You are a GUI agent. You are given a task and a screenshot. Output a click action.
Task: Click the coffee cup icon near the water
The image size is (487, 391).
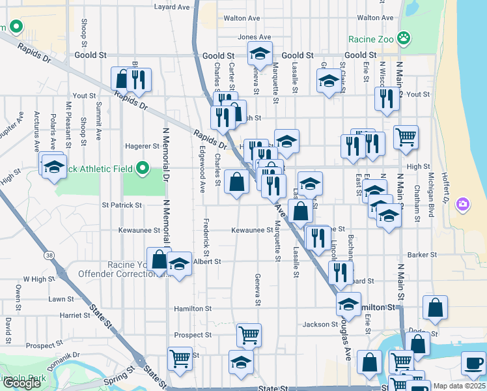(473, 362)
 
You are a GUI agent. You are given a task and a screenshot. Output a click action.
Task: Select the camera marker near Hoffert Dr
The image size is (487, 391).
(463, 204)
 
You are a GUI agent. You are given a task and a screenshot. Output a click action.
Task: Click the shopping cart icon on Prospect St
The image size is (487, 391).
(249, 335)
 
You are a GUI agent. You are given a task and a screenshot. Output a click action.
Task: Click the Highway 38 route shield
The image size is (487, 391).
(50, 256)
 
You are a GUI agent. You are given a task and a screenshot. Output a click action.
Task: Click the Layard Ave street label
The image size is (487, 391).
(171, 7)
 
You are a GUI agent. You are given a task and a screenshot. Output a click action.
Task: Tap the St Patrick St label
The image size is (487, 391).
(122, 205)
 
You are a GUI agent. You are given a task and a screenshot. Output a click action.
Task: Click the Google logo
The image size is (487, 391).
(22, 383)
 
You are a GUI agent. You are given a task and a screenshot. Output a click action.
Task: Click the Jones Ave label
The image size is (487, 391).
(254, 37)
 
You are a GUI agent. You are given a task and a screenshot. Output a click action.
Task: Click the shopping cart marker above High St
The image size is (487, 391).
(406, 136)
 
